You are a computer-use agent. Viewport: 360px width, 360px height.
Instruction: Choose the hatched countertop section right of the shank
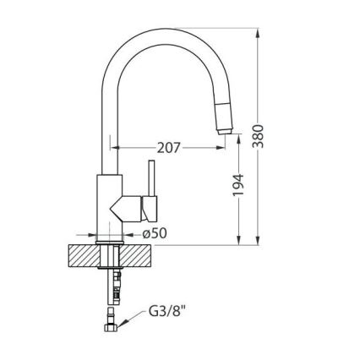(x=139, y=256)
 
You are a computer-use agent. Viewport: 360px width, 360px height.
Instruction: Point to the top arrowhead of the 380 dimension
(x=254, y=33)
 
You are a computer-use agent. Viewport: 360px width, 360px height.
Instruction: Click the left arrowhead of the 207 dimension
(x=117, y=147)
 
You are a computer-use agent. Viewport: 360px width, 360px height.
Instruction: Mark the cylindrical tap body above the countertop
(x=109, y=207)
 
